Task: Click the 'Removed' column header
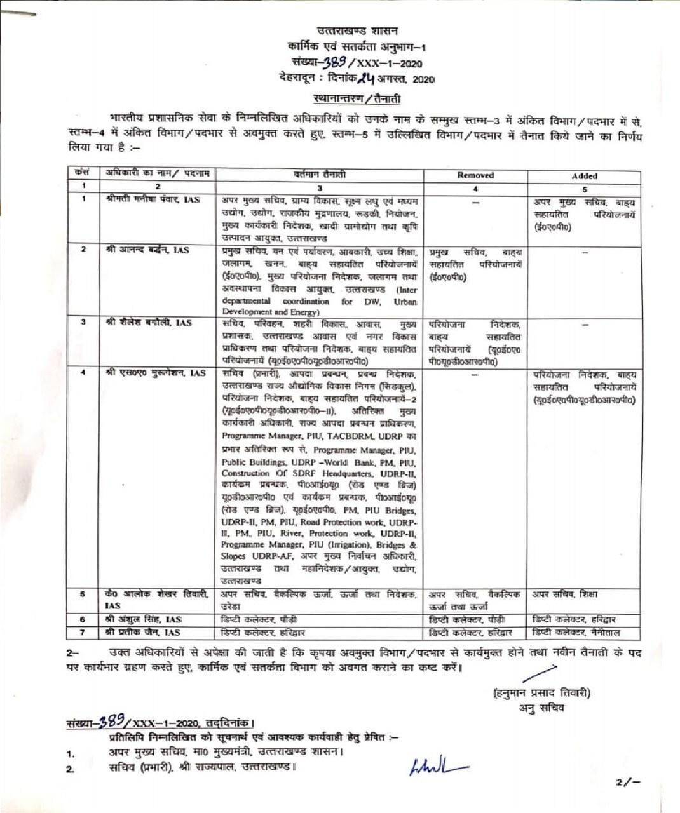tap(475, 175)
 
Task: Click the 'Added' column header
tap(584, 176)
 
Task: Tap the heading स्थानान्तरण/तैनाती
tap(357, 98)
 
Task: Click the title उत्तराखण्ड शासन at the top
tap(358, 30)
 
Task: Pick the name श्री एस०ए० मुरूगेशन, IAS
tap(155, 373)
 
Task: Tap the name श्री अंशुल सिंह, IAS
tap(144, 619)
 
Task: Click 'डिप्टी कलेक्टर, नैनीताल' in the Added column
tap(577, 632)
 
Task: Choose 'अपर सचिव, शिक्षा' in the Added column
tap(565, 595)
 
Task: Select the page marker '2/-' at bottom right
tap(627, 783)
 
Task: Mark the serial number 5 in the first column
tap(83, 595)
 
